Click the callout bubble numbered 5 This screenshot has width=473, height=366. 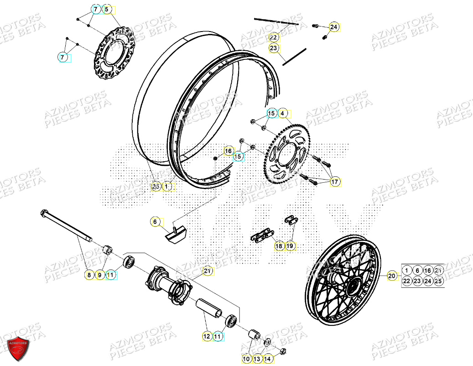[x=107, y=9]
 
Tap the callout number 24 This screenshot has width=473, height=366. [x=334, y=27]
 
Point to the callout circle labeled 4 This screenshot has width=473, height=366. [x=282, y=113]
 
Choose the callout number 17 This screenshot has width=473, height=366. [x=335, y=182]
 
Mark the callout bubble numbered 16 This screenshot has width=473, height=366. [x=228, y=151]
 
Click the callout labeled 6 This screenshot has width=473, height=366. [x=155, y=222]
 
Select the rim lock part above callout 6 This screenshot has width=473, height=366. [x=176, y=233]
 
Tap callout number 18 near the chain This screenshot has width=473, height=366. [x=279, y=246]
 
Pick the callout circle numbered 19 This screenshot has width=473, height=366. [x=290, y=246]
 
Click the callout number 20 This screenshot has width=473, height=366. [x=392, y=276]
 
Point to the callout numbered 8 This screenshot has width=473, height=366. [x=89, y=275]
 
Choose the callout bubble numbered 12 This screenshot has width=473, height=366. [x=207, y=336]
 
